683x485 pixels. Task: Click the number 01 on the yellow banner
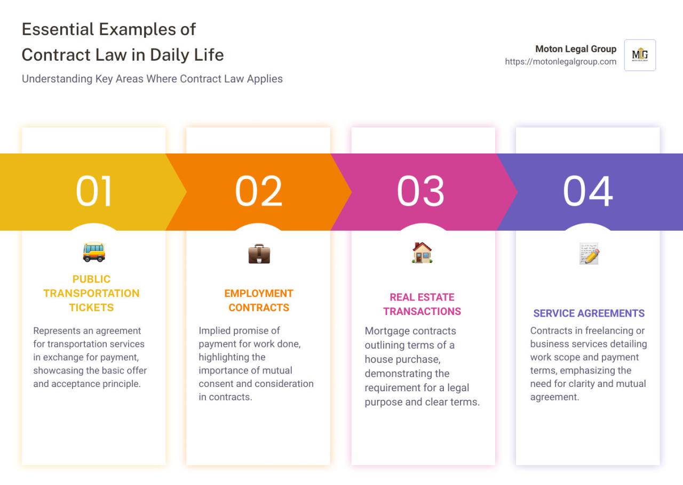pyautogui.click(x=94, y=191)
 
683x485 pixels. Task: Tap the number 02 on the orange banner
pyautogui.click(x=259, y=191)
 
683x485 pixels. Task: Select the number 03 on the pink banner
pyautogui.click(x=420, y=191)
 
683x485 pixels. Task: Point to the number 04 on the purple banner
pyautogui.click(x=588, y=191)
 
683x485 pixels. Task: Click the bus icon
pyautogui.click(x=94, y=252)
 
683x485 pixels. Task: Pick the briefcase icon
pyautogui.click(x=259, y=254)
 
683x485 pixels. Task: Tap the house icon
pyautogui.click(x=422, y=253)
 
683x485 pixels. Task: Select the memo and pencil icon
pyautogui.click(x=589, y=254)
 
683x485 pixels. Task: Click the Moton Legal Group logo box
pyautogui.click(x=640, y=55)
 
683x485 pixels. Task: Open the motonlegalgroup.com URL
pyautogui.click(x=560, y=62)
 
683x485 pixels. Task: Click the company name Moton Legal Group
pyautogui.click(x=576, y=49)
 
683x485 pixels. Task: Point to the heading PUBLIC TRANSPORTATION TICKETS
pyautogui.click(x=91, y=293)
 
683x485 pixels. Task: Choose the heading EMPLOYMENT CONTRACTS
pyautogui.click(x=259, y=300)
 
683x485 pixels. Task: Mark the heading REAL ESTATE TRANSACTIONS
pyautogui.click(x=422, y=304)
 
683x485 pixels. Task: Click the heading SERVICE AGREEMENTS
pyautogui.click(x=589, y=313)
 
